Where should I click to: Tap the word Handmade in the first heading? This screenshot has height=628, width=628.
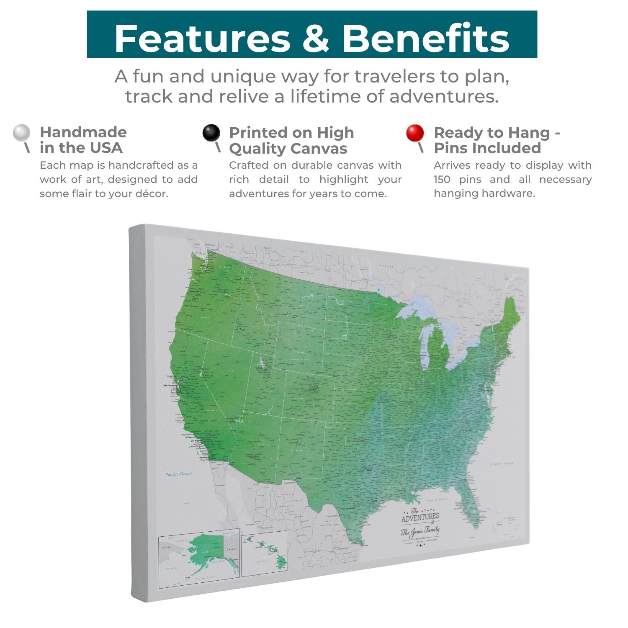click(83, 132)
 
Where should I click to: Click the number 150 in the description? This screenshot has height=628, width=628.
click(442, 180)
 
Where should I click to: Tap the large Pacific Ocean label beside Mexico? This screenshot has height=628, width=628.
click(178, 474)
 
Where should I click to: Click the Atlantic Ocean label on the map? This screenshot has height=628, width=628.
click(502, 463)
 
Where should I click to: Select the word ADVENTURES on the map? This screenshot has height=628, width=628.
click(420, 517)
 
